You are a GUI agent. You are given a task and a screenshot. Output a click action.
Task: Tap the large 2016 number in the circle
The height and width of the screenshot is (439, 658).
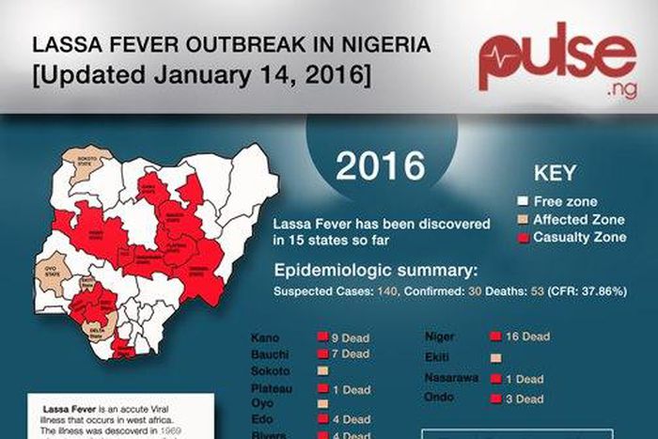381,165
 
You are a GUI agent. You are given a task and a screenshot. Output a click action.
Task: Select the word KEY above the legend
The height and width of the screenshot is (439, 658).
555,174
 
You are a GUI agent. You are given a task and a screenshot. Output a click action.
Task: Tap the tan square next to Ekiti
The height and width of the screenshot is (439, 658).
495,358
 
